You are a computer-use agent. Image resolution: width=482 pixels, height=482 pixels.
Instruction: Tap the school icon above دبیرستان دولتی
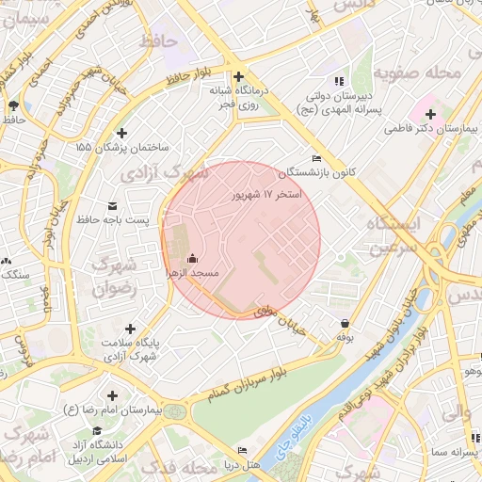point(339,82)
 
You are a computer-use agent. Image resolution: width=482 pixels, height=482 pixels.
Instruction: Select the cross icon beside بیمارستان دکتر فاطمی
point(430,114)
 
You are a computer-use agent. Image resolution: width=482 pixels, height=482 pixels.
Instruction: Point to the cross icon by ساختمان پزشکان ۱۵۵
point(120,133)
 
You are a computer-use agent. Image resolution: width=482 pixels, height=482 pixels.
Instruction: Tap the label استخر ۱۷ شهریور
point(267,194)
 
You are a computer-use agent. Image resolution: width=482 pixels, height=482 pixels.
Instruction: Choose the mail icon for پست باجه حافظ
point(114,205)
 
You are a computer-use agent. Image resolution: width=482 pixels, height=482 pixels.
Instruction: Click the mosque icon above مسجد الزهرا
point(193,258)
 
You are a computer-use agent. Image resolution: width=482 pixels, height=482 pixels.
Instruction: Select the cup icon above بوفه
point(345,322)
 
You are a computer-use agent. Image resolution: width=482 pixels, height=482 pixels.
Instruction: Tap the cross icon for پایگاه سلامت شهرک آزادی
point(129,329)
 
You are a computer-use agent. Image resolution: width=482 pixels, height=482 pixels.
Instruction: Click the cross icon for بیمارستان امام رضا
point(113,396)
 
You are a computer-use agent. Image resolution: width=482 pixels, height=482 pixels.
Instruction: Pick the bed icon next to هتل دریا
point(242,451)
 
